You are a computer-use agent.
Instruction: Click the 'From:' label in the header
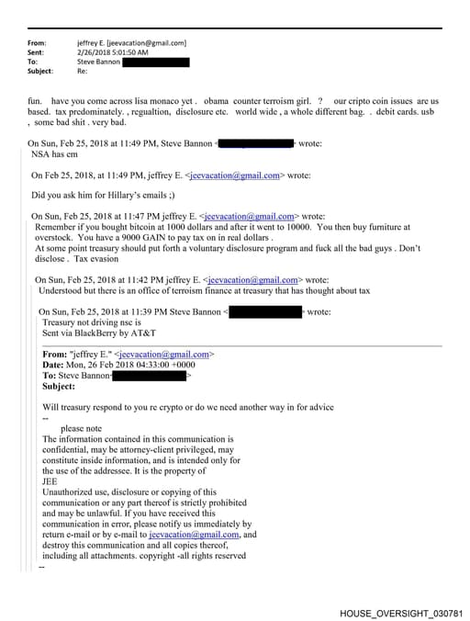(x=38, y=43)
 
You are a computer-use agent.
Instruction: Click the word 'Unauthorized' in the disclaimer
(x=71, y=491)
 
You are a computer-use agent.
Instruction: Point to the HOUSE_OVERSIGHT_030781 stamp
(x=401, y=612)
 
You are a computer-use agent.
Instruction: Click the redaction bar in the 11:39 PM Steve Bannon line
(x=264, y=312)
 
